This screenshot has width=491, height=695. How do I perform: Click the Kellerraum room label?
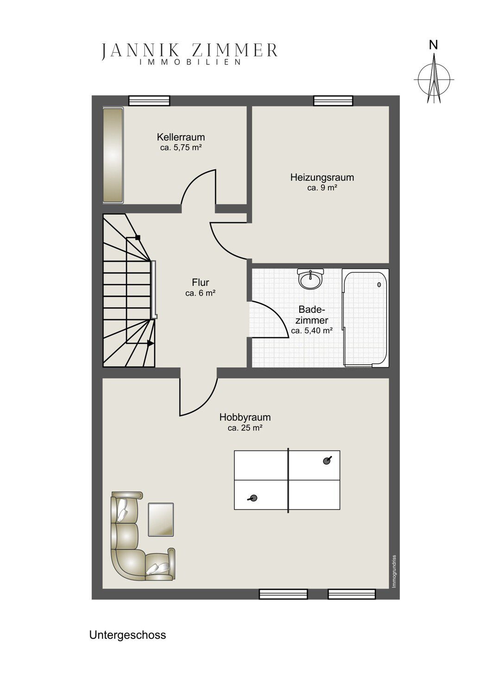tap(181, 137)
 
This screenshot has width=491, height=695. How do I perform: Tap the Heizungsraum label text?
tap(322, 177)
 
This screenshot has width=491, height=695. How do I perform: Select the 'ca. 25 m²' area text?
tap(245, 428)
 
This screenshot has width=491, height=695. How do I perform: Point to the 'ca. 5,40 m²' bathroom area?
tap(312, 331)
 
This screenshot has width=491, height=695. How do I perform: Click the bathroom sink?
tap(310, 278)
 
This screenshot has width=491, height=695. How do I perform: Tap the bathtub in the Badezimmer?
tap(365, 318)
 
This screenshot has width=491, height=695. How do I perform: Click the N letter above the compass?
tap(434, 45)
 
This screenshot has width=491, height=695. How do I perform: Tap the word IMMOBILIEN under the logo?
tap(190, 62)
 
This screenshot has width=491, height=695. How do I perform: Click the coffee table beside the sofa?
tap(161, 519)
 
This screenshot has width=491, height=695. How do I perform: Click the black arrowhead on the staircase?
tap(151, 343)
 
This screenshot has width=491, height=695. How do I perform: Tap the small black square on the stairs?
tap(138, 238)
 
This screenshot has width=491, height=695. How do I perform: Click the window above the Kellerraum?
tap(150, 101)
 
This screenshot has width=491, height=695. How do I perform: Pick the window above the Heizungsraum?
tap(333, 101)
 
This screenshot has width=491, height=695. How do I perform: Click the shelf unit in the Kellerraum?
tap(113, 155)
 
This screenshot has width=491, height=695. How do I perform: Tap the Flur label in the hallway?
tap(201, 282)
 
